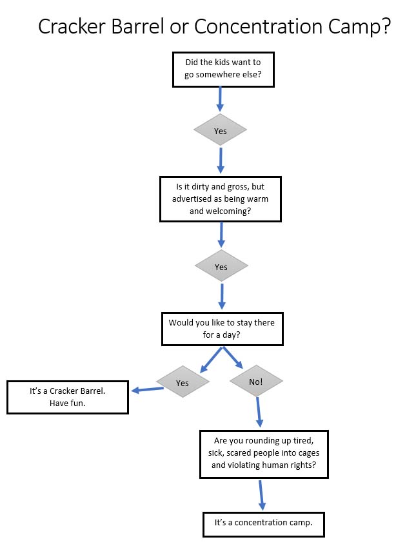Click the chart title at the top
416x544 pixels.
[x=213, y=26]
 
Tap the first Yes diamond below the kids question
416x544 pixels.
[x=220, y=131]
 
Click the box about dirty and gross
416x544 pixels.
[x=220, y=199]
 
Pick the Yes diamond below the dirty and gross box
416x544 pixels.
[x=221, y=267]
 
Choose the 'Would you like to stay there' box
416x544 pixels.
[x=221, y=329]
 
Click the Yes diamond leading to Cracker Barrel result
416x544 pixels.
[x=183, y=383]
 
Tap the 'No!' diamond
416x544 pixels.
[x=255, y=382]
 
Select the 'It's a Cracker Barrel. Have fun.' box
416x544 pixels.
[x=67, y=397]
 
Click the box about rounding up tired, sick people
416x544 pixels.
[x=264, y=454]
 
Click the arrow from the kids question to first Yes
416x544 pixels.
[x=220, y=99]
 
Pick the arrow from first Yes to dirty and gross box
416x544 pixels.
[x=221, y=160]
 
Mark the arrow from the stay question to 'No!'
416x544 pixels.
[x=233, y=358]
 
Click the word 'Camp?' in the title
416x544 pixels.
[x=362, y=26]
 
